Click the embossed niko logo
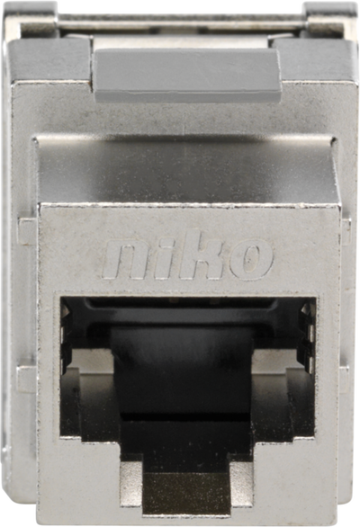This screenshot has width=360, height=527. click(189, 260)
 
